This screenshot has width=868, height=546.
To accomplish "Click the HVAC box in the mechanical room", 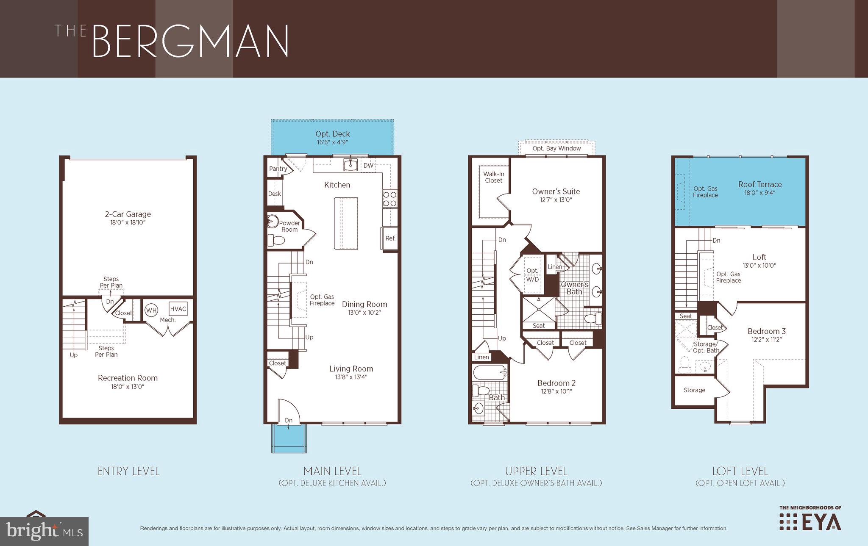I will [x=178, y=309].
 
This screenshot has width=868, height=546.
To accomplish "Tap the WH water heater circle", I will [x=151, y=310].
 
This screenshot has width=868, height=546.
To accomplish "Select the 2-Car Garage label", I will [x=128, y=214].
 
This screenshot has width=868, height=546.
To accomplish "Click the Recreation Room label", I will [x=128, y=378].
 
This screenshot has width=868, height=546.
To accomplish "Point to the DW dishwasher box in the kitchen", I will [x=368, y=166].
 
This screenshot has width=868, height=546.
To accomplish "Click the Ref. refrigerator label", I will [x=390, y=238].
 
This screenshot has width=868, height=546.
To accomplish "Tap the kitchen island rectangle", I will [x=345, y=223].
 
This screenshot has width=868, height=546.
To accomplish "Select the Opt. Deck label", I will [x=332, y=134].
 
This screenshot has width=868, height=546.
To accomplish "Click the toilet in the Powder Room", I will [x=277, y=241].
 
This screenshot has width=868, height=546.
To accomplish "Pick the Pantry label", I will [x=278, y=169].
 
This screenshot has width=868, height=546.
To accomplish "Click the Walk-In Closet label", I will [x=494, y=177].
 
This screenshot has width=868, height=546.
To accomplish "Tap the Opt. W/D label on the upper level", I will [x=532, y=275].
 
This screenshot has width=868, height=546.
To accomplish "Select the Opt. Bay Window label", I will [x=556, y=148].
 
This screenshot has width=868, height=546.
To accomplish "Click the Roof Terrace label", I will [x=759, y=184].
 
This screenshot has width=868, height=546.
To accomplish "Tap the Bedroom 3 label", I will [x=766, y=331].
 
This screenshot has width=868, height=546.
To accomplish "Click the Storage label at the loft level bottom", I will [x=694, y=390].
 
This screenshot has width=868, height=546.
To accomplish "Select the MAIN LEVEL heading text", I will [x=332, y=471].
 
